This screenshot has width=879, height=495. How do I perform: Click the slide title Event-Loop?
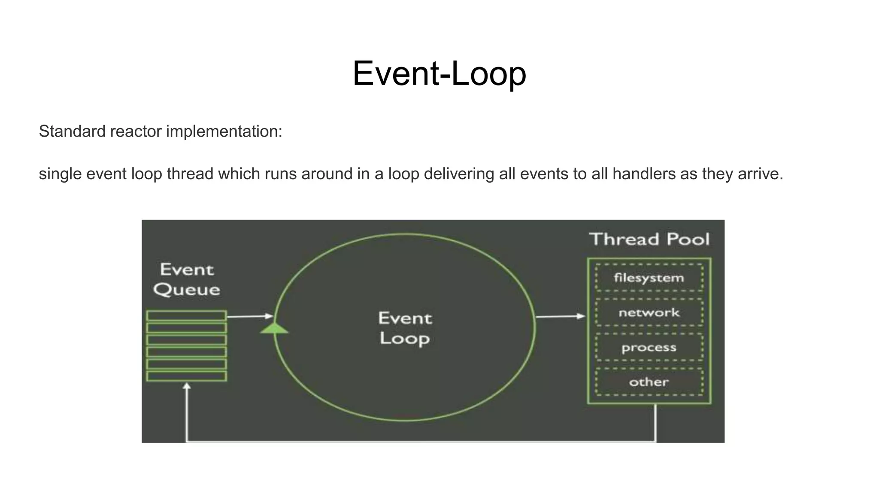pos(439,73)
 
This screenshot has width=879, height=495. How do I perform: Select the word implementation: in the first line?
pos(224,131)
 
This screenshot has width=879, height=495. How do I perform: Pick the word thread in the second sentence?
pos(190,174)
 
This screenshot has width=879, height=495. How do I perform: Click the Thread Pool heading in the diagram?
pos(649,239)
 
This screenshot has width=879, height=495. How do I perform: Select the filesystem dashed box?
pos(649,278)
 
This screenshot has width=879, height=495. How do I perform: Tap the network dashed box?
pos(649,312)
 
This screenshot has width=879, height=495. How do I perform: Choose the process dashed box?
pos(649,347)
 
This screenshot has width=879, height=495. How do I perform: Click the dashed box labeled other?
pos(649,382)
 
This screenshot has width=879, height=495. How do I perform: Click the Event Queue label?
pos(187,280)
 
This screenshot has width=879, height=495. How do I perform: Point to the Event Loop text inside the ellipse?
pos(405,328)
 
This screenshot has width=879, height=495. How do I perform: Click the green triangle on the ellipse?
pos(274,329)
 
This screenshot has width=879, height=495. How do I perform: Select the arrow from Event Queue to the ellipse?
pos(249,317)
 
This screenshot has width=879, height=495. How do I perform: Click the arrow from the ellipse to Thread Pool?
pos(560,317)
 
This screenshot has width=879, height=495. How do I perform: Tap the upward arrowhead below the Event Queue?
pos(187,386)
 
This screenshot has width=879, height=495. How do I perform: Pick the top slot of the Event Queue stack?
pos(186,316)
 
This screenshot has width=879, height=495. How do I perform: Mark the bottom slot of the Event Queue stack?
pos(186,376)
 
